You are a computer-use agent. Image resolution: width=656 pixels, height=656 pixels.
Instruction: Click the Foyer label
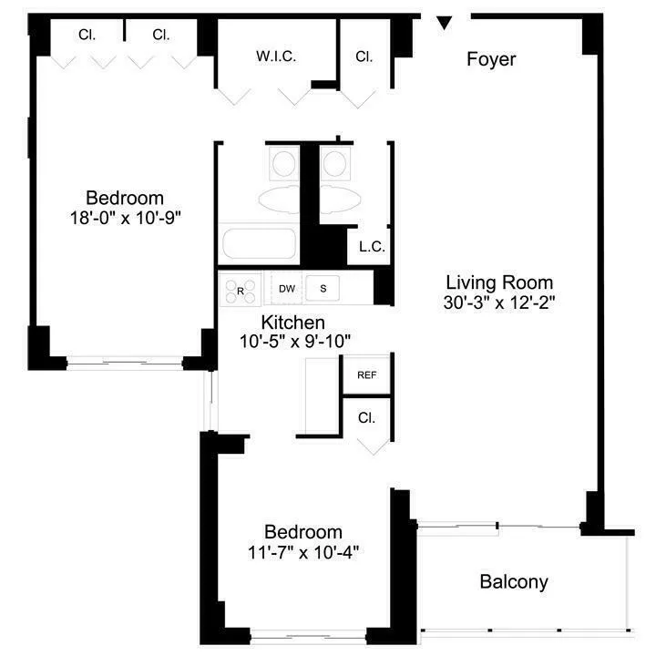pyautogui.click(x=491, y=60)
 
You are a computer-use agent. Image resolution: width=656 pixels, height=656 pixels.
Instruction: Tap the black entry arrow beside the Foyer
pyautogui.click(x=445, y=23)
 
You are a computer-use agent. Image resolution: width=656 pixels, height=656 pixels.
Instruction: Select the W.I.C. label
pyautogui.click(x=275, y=56)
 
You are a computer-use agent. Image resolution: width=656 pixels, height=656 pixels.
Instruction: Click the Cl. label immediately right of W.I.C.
pyautogui.click(x=364, y=56)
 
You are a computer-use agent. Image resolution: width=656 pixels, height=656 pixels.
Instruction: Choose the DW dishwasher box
pyautogui.click(x=286, y=289)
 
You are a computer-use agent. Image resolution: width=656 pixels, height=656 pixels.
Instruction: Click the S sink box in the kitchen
pyautogui.click(x=323, y=289)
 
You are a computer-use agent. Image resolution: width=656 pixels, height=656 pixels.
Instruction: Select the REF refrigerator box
pyautogui.click(x=366, y=374)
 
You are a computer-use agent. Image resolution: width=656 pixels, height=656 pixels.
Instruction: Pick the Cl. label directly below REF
pyautogui.click(x=366, y=419)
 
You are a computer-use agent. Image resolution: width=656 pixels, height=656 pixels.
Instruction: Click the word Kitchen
pyautogui.click(x=292, y=323)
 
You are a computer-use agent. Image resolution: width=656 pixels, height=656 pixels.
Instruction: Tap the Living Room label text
pyautogui.click(x=499, y=282)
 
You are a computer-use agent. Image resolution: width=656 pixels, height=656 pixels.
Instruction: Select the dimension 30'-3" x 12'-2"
pyautogui.click(x=499, y=302)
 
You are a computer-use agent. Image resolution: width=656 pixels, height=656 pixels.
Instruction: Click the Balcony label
pyautogui.click(x=514, y=581)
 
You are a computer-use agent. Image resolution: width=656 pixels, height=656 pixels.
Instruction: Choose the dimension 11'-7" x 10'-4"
pyautogui.click(x=303, y=551)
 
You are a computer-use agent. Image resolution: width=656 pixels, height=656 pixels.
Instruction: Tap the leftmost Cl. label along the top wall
pyautogui.click(x=87, y=36)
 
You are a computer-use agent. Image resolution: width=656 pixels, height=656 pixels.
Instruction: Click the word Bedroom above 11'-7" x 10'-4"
pyautogui.click(x=303, y=532)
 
